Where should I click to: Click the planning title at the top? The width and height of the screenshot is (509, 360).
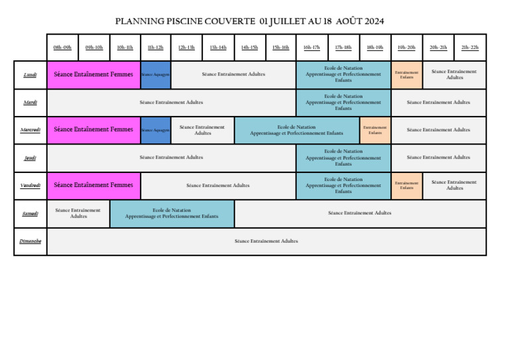coord(249,21)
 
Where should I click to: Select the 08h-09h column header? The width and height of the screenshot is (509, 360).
coord(62,48)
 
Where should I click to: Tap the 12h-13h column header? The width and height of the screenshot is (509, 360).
coord(186,48)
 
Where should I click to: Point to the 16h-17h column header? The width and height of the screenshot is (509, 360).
coord(311,48)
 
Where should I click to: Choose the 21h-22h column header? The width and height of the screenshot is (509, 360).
coord(470,48)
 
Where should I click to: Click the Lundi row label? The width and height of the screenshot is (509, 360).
coord(30,75)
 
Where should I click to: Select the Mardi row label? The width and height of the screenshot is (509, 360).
coord(30,103)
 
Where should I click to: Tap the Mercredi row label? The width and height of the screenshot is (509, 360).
coord(30,130)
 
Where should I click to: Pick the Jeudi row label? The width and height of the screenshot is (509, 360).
coord(30,158)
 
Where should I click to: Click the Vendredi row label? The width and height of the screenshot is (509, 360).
coord(30,186)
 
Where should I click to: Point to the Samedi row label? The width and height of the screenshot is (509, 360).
coord(30,213)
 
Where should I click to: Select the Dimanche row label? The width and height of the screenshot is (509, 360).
coord(30,241)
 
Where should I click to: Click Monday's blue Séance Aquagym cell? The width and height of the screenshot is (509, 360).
coord(155,75)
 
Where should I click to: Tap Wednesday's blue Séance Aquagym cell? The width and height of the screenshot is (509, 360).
coord(155,130)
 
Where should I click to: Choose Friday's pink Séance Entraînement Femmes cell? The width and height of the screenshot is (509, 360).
coord(93,186)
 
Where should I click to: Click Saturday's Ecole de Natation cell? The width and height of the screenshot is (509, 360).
coord(172,213)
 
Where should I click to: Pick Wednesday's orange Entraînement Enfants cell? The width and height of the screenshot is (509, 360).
coord(375,130)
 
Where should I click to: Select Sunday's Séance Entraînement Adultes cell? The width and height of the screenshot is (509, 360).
coord(266,241)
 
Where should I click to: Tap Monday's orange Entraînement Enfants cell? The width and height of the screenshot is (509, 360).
coord(406,75)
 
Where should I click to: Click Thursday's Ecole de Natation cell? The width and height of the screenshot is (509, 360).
coord(343,158)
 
